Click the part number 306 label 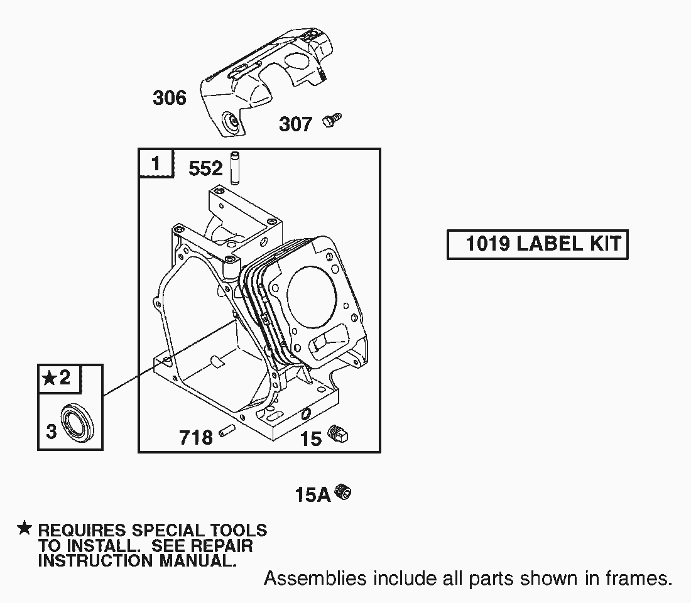click(x=170, y=97)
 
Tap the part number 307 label click(x=296, y=124)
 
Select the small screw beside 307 click(x=332, y=120)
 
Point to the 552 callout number click(x=206, y=168)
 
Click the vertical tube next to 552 click(x=235, y=168)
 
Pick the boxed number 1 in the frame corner click(x=156, y=163)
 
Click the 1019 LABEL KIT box click(x=538, y=244)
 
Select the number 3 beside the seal click(x=52, y=431)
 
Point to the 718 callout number click(x=196, y=437)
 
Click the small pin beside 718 click(x=227, y=430)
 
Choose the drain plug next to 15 click(x=339, y=434)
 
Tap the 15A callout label click(x=313, y=494)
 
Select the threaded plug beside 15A click(x=343, y=491)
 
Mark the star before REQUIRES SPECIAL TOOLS click(x=24, y=528)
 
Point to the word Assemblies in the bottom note click(x=315, y=578)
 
